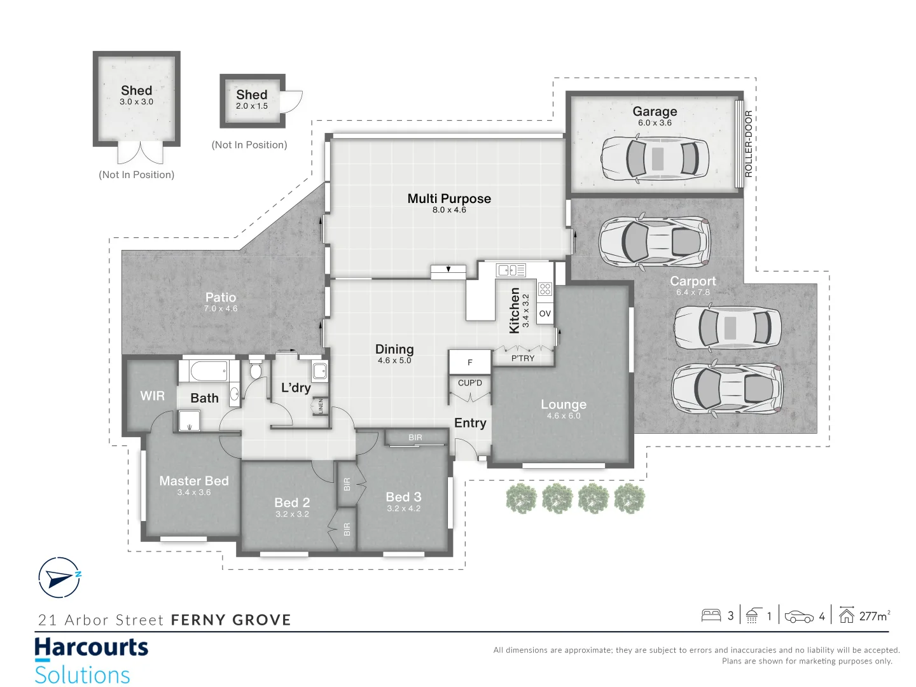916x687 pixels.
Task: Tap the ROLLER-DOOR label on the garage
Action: [748, 144]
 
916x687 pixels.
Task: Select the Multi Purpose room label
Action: [449, 198]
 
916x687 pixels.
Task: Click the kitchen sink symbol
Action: [511, 270]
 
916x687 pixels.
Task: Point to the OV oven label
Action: [545, 314]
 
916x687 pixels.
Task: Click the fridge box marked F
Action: [470, 362]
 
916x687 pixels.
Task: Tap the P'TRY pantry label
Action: [523, 358]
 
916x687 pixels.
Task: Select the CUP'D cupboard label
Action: [470, 383]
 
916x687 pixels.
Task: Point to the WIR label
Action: [152, 396]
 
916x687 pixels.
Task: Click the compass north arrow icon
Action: [60, 578]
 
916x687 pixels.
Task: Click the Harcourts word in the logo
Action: [91, 648]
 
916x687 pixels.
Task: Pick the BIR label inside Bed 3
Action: [415, 438]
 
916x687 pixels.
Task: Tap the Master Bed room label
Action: [194, 481]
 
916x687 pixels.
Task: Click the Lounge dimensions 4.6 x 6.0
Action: [564, 416]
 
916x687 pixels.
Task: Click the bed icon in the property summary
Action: [711, 616]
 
